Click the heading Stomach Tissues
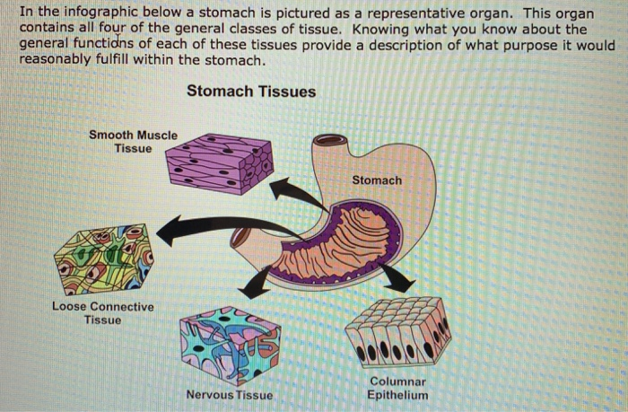(x=251, y=92)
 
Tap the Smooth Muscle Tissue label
(x=134, y=142)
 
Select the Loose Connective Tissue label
(x=102, y=313)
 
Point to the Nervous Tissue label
(x=229, y=395)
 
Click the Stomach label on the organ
(x=377, y=180)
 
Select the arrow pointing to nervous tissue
(x=256, y=284)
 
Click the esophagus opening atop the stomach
(x=329, y=142)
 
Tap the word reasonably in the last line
(x=57, y=61)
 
